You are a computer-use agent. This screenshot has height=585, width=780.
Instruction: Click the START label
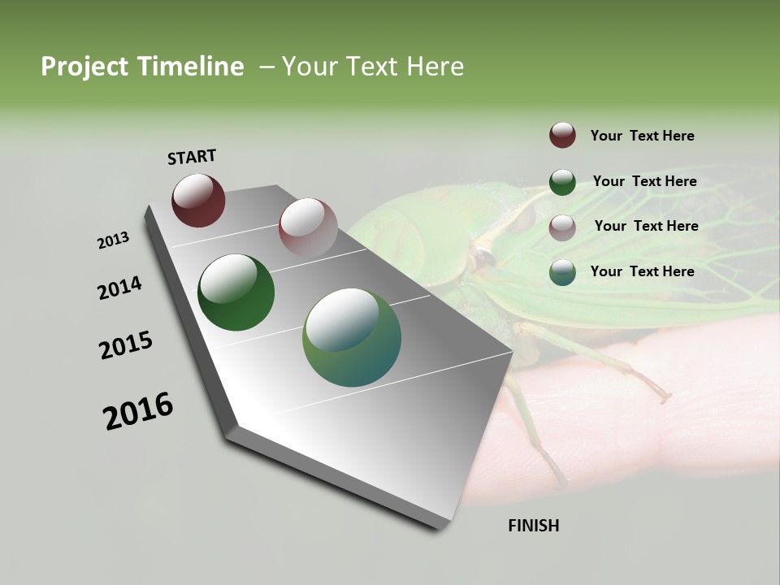192,157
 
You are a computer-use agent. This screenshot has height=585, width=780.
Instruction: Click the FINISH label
533,526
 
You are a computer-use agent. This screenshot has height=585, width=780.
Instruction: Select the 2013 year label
113,240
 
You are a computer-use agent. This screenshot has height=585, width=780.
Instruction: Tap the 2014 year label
119,288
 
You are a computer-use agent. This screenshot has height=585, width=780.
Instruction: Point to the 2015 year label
125,345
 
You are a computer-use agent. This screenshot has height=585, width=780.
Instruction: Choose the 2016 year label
138,411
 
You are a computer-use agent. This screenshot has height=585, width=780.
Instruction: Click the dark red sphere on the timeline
198,201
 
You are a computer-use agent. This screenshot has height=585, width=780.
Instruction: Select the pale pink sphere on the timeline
308,227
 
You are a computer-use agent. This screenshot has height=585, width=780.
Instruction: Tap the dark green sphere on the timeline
236,292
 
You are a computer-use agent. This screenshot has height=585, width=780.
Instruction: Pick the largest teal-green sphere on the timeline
352,337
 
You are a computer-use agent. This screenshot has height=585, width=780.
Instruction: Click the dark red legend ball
562,135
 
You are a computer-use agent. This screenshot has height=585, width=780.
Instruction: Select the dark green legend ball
562,182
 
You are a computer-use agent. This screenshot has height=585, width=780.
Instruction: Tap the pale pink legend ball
562,227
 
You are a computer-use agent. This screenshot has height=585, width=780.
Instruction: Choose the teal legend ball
562,272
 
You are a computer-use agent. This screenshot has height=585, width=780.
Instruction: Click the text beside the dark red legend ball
642,136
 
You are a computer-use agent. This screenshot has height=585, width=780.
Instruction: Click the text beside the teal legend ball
642,271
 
